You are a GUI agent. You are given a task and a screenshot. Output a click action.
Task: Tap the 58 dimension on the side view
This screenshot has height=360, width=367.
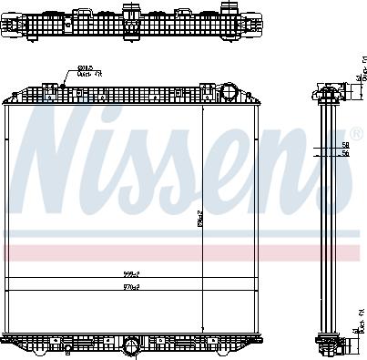pyautogui.click(x=345, y=144)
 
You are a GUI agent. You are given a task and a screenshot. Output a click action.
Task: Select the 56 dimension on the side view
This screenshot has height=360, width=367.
pyautogui.click(x=345, y=154)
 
